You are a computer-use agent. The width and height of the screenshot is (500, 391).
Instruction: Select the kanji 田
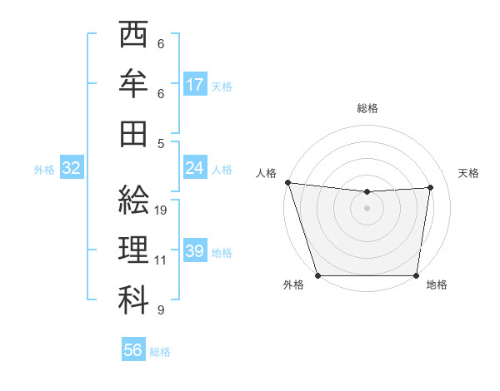point(133,132)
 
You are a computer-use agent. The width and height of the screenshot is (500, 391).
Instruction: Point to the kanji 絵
point(133,200)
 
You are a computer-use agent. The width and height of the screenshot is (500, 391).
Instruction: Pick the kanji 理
point(133,249)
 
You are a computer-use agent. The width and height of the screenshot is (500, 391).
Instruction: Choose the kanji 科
point(133,299)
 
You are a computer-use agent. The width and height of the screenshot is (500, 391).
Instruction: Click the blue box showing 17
point(195,85)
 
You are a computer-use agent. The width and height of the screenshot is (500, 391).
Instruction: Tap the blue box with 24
point(195,168)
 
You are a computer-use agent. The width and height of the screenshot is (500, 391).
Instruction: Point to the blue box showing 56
point(133,350)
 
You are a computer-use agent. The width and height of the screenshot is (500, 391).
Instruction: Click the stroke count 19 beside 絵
point(161,210)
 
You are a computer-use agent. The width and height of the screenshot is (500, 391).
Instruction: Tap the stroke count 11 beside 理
point(161,260)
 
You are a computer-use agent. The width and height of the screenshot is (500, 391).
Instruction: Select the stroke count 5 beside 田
point(161,143)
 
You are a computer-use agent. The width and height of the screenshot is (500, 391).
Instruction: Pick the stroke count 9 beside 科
point(161,310)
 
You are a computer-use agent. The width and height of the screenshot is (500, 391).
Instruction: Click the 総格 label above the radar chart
point(367,108)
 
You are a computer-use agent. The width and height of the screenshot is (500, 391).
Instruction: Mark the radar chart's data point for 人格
point(287,182)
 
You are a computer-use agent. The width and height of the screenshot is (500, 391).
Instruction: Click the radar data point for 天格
point(431,187)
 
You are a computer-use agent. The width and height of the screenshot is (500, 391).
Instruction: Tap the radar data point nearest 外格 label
point(317,275)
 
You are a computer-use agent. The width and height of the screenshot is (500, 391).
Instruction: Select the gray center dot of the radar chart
point(367,208)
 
